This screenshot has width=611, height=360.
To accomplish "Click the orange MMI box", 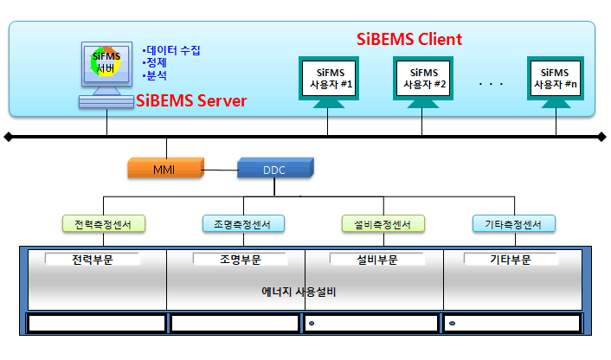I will (x=164, y=168).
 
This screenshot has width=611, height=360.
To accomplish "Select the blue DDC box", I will (x=273, y=169).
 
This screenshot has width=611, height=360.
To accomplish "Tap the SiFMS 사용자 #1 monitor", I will (x=327, y=78).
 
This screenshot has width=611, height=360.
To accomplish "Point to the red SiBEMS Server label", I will (x=191, y=101).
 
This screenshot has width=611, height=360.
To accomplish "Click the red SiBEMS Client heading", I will (x=409, y=39).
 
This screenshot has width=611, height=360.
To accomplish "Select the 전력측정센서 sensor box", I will (x=103, y=224).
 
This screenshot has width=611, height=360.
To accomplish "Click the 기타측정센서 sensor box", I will (x=513, y=224).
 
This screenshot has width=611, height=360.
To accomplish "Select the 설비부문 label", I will (x=376, y=259).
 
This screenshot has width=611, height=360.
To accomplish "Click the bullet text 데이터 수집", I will (x=173, y=50).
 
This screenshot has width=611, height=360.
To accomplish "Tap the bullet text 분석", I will (x=157, y=76).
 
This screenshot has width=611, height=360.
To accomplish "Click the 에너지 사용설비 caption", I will (x=299, y=292).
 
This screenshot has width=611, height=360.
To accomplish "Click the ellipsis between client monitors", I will (x=490, y=84).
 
